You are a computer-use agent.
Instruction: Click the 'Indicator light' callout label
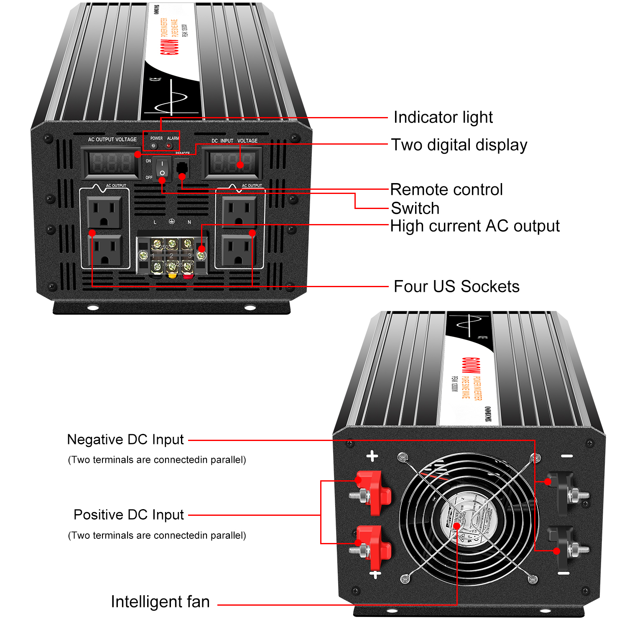(x=443, y=117)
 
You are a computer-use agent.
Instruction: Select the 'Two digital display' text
(x=459, y=145)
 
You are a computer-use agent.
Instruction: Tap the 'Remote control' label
(x=446, y=190)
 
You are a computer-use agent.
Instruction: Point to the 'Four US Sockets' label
(x=456, y=287)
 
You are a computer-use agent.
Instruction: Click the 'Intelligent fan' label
(x=160, y=602)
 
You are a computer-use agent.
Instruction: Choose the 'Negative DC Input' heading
(x=125, y=440)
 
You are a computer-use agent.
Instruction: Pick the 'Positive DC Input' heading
(x=129, y=515)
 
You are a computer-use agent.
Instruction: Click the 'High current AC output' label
(x=474, y=226)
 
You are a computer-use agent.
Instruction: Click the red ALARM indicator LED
(x=169, y=146)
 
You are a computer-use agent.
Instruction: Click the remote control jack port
(x=182, y=167)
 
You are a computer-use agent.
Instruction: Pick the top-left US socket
(x=104, y=212)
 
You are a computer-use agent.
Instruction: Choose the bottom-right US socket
(x=239, y=250)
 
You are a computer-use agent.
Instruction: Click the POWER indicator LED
(x=154, y=146)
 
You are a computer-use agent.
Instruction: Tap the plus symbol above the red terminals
(x=372, y=456)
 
